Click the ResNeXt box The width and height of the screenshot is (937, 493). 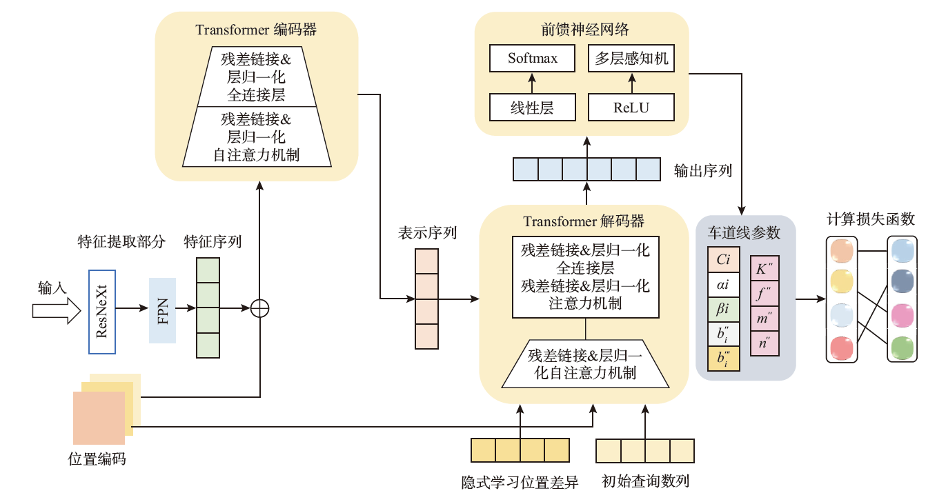pyautogui.click(x=102, y=312)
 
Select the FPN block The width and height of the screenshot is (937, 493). pyautogui.click(x=162, y=311)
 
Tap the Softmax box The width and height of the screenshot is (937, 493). pyautogui.click(x=533, y=59)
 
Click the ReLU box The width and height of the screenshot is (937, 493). pyautogui.click(x=631, y=108)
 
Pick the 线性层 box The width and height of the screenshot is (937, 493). pyautogui.click(x=533, y=108)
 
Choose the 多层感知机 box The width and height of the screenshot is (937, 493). pyautogui.click(x=631, y=59)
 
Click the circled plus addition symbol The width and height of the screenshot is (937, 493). pyautogui.click(x=259, y=308)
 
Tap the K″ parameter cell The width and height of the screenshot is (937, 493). pyautogui.click(x=764, y=270)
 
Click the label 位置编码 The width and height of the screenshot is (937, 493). pyautogui.click(x=97, y=459)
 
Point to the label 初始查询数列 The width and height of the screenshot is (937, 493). pyautogui.click(x=645, y=481)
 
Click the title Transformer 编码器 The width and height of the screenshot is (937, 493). pyautogui.click(x=256, y=30)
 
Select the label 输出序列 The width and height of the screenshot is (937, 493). pyautogui.click(x=702, y=170)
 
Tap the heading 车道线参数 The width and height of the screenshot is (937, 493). pyautogui.click(x=744, y=232)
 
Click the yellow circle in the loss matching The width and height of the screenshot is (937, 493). pyautogui.click(x=842, y=281)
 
